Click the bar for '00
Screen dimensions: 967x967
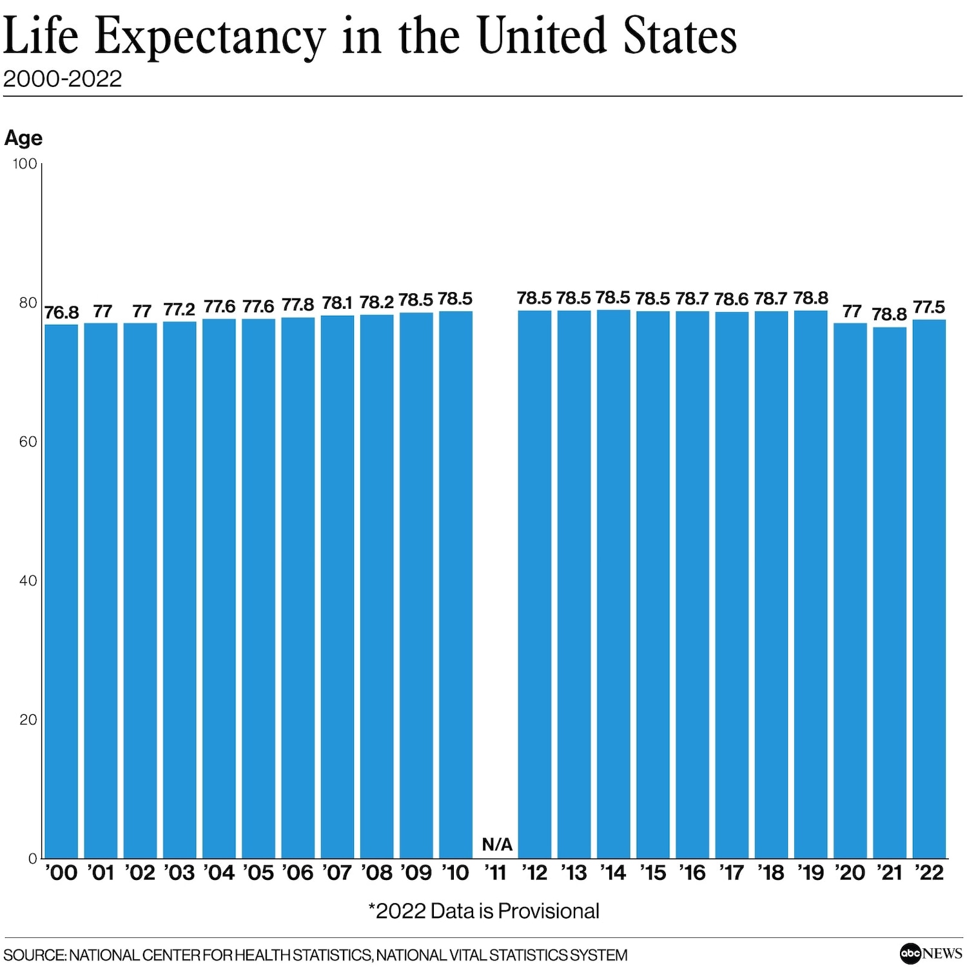tap(61, 591)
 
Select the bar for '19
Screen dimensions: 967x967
tap(810, 584)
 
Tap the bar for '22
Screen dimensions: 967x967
tap(929, 589)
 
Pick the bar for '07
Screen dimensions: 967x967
tap(337, 587)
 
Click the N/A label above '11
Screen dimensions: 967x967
tap(497, 845)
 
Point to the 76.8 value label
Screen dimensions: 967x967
tap(61, 313)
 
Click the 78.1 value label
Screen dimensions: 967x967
tap(337, 303)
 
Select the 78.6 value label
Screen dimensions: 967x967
tap(731, 299)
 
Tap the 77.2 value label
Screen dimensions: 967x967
tap(179, 309)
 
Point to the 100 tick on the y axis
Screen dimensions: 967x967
tap(25, 164)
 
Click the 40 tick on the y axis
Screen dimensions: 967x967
tap(28, 580)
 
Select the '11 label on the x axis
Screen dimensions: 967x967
tap(496, 873)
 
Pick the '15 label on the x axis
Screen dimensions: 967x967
tap(652, 873)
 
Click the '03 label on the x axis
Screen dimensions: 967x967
tap(179, 873)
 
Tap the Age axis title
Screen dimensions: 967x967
tap(23, 138)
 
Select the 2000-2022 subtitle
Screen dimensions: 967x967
tap(63, 79)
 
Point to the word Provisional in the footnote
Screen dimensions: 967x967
tap(549, 911)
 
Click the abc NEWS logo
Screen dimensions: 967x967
tap(930, 953)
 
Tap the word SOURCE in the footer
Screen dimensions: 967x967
tap(34, 955)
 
